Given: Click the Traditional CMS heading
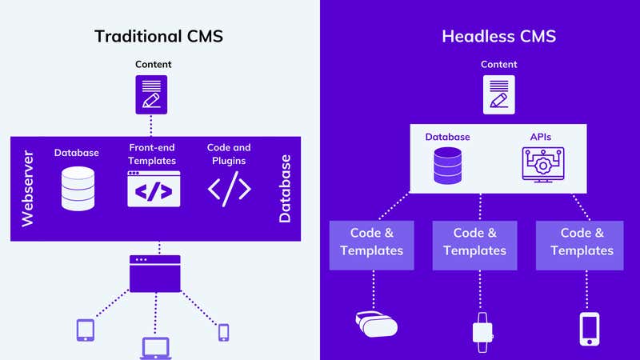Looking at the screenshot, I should click(x=158, y=36).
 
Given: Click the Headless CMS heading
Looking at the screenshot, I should click(x=498, y=36).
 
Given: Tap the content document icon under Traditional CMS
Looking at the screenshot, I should click(x=151, y=94).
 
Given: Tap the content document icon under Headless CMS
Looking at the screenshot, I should click(x=498, y=94).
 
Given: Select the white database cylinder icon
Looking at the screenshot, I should click(x=78, y=188).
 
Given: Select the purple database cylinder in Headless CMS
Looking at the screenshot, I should click(x=448, y=165).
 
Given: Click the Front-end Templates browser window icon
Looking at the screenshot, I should click(x=154, y=190).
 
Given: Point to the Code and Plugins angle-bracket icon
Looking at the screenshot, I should click(x=230, y=189).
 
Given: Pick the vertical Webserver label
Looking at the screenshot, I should click(x=27, y=189).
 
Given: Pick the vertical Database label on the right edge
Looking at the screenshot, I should click(x=285, y=189).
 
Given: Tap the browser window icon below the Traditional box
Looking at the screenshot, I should click(x=155, y=273).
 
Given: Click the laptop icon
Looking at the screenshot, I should click(x=156, y=347).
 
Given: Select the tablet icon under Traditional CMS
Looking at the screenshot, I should click(x=86, y=330).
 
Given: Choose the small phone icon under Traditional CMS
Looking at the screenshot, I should click(x=223, y=331).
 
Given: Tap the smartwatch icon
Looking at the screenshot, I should click(x=481, y=330).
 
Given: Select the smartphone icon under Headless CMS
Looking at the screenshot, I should click(x=589, y=329).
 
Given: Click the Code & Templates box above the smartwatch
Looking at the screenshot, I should click(x=474, y=242).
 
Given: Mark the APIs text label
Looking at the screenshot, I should click(x=542, y=137).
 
